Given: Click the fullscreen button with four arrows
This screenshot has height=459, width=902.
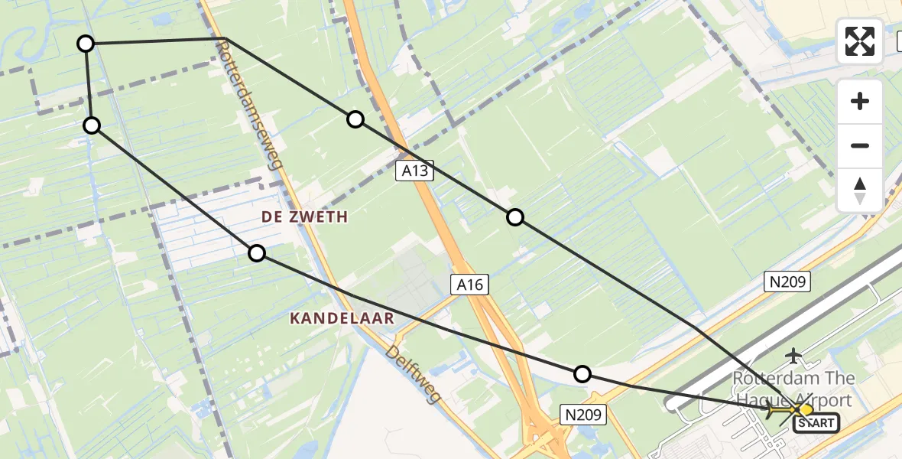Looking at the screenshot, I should (860, 41).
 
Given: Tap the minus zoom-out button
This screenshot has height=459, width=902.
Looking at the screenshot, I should (860, 145).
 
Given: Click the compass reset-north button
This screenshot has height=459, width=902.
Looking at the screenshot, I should (860, 190).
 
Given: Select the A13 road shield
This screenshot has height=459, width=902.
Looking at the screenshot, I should (415, 171).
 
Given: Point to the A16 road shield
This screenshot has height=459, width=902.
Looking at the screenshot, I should (469, 285).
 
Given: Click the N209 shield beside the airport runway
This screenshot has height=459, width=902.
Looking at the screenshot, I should (787, 282).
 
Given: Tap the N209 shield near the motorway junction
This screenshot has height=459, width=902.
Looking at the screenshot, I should (584, 415).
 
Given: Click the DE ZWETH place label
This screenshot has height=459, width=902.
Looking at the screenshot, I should (304, 217).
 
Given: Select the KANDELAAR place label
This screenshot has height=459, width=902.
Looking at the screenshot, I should (342, 318).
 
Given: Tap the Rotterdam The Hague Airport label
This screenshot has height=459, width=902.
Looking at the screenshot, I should (793, 389).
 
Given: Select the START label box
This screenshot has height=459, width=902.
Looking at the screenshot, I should (817, 423).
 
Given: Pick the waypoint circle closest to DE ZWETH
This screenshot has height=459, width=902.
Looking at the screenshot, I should (257, 253).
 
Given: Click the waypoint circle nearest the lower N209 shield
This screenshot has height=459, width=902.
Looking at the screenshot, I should (582, 374).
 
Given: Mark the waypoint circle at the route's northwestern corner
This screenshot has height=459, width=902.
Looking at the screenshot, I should (86, 44).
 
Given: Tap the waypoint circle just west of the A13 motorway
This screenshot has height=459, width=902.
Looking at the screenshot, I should (355, 119).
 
